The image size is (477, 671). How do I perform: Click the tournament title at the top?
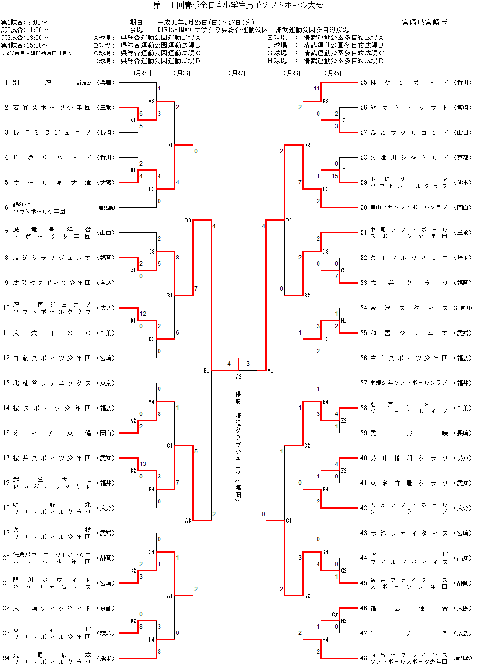click(x=238, y=5)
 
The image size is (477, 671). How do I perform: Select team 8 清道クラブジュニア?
click(x=52, y=258)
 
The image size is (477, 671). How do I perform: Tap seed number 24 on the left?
click(x=6, y=658)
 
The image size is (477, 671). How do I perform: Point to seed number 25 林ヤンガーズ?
click(x=363, y=83)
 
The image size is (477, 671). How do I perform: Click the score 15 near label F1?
click(x=335, y=176)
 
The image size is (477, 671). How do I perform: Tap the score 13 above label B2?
click(x=143, y=464)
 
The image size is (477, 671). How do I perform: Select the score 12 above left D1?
click(x=143, y=314)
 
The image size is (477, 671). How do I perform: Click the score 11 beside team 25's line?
click(x=316, y=89)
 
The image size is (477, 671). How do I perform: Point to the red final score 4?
click(x=229, y=364)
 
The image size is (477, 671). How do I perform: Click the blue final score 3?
click(x=248, y=364)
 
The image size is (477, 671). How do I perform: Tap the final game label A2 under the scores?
click(x=238, y=377)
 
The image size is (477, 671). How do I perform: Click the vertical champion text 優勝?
click(x=238, y=398)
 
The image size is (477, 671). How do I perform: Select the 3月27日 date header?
click(x=238, y=73)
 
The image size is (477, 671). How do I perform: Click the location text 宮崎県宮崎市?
click(x=424, y=22)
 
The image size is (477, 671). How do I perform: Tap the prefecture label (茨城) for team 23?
click(x=106, y=633)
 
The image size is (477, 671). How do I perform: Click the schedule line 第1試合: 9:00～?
click(x=24, y=22)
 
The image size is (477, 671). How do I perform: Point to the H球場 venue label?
click(x=278, y=61)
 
